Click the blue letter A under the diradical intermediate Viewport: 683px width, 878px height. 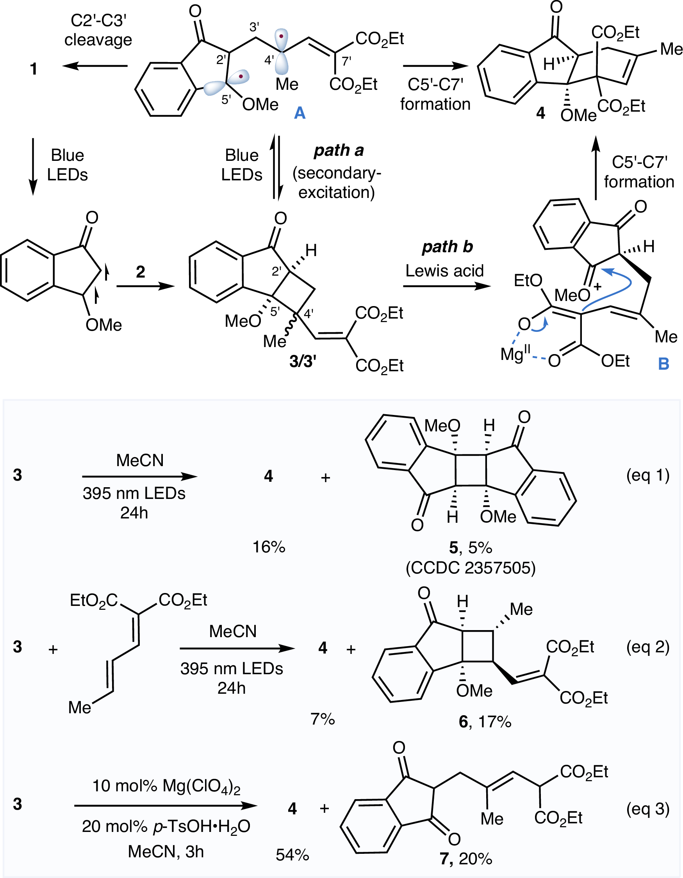point(300,113)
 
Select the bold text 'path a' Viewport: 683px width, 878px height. point(339,150)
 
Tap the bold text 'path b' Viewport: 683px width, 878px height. point(447,246)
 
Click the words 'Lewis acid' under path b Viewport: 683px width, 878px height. point(444,271)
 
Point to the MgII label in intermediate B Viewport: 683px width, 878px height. point(515,354)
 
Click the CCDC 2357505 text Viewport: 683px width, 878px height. point(470,568)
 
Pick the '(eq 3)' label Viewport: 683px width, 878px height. point(647,809)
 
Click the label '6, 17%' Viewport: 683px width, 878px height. point(485,721)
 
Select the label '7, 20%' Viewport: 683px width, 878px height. point(466,858)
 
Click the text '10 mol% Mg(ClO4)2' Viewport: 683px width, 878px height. point(166,785)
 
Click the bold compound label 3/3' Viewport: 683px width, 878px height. point(303,362)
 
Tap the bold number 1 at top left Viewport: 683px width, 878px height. point(34,69)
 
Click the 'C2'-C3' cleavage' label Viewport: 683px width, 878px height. point(98,30)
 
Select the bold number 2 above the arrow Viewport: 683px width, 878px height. point(140,272)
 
